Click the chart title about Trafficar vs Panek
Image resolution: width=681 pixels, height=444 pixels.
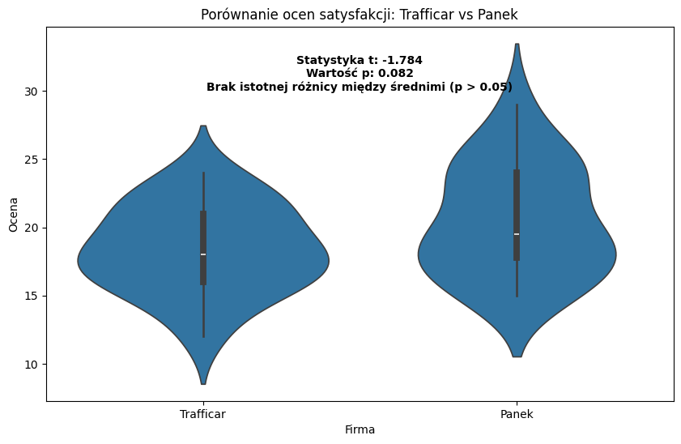[360, 14]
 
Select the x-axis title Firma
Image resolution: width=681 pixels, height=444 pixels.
[360, 429]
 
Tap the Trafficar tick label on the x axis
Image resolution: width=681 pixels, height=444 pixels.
[203, 414]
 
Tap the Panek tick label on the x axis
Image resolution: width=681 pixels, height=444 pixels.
[517, 414]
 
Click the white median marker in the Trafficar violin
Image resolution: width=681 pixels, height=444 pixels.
[203, 254]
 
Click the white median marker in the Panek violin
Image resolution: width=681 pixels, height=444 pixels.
[517, 234]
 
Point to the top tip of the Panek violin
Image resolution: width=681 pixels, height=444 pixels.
[517, 45]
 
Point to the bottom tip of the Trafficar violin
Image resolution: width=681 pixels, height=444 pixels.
[203, 383]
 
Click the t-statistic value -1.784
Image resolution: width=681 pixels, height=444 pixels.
[402, 61]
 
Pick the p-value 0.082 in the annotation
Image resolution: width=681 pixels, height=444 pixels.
[396, 74]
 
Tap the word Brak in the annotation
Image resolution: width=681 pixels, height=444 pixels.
[220, 87]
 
